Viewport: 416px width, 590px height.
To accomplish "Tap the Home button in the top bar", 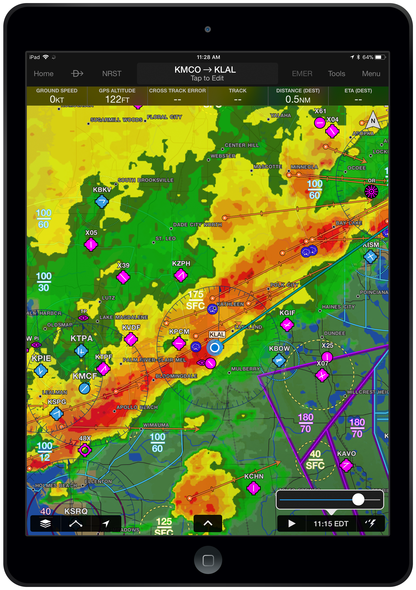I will [x=44, y=74].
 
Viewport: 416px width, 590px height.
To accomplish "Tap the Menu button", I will [x=371, y=74].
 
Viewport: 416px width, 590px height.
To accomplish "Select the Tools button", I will [x=336, y=74].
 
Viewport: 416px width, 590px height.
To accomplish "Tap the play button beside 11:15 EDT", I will [x=291, y=523].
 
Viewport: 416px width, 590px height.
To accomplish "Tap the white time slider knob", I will [x=358, y=499].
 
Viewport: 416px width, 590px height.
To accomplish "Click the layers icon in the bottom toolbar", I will [x=45, y=523].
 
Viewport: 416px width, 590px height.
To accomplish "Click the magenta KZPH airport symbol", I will [x=181, y=275].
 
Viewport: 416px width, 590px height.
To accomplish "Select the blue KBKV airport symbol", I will [x=102, y=201].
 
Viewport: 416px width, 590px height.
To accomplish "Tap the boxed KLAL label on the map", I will [x=217, y=334].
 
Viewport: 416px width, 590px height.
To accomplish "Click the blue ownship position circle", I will [x=214, y=348].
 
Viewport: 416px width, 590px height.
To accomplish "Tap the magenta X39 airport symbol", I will [x=123, y=277].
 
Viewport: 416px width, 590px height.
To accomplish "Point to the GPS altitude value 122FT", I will [x=117, y=99].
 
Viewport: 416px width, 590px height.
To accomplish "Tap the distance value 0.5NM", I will [x=298, y=99].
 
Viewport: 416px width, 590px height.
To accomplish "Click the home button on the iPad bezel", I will [x=208, y=560].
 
